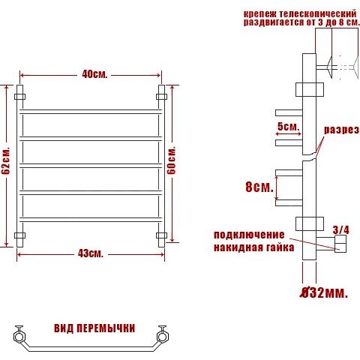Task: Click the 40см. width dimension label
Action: tap(94, 74)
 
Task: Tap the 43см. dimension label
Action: tap(91, 253)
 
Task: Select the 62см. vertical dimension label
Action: tap(6, 160)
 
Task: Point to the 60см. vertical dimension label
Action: tap(172, 160)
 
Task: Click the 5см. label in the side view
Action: tap(289, 127)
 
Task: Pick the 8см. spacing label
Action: tap(259, 187)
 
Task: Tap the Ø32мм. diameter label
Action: tap(324, 292)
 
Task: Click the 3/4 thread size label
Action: tap(341, 230)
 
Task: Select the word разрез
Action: tap(342, 130)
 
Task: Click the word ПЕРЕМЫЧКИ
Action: tap(106, 328)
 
